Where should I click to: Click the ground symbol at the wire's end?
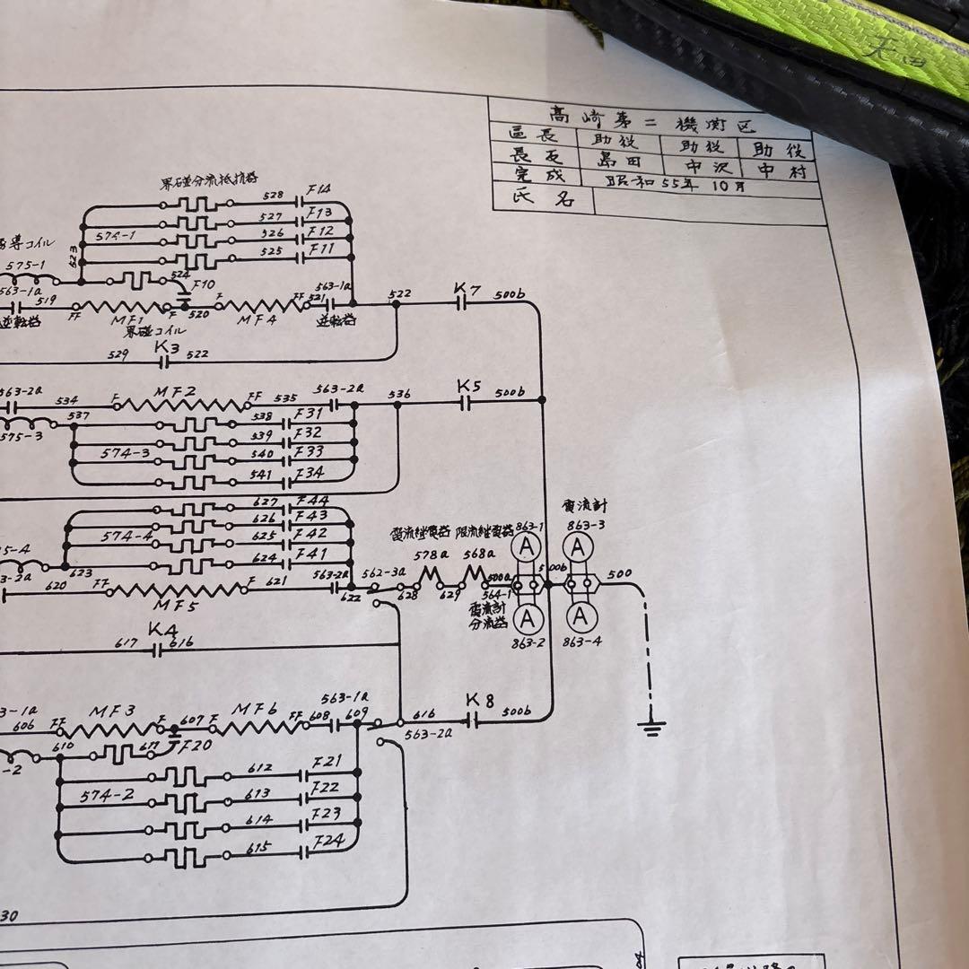[651, 725]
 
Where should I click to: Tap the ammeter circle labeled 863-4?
[581, 616]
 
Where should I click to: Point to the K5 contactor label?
[469, 387]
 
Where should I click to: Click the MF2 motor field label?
[174, 392]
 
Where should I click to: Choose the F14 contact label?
[319, 190]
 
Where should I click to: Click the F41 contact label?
[311, 554]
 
